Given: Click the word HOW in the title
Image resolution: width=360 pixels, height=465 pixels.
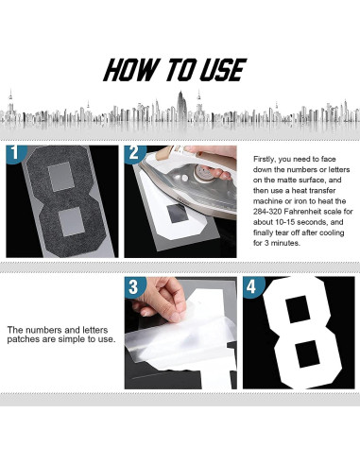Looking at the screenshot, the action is coord(131,70).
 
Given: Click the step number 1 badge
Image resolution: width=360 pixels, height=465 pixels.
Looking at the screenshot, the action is coord(14,153).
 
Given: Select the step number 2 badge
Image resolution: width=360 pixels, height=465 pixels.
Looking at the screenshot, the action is coord(134,153).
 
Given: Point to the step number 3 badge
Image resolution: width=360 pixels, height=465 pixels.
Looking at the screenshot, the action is coord(134,286).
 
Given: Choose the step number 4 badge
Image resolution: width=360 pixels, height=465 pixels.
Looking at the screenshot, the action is coord(252,286).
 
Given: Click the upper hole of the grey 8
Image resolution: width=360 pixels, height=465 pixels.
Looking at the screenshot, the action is coord(61,177).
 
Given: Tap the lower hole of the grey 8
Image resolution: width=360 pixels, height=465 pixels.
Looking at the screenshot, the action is coord(72,221).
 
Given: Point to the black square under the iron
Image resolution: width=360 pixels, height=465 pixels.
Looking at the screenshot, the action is coord(178,213).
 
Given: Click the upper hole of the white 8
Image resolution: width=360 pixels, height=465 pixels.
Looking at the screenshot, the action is coord(298,309).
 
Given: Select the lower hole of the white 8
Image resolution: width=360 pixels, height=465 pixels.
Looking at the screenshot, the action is coord(309,353).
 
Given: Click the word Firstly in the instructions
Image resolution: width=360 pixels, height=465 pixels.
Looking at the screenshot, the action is coord(264,159).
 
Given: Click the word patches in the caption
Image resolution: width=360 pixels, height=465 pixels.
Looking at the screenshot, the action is coord(21,339).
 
